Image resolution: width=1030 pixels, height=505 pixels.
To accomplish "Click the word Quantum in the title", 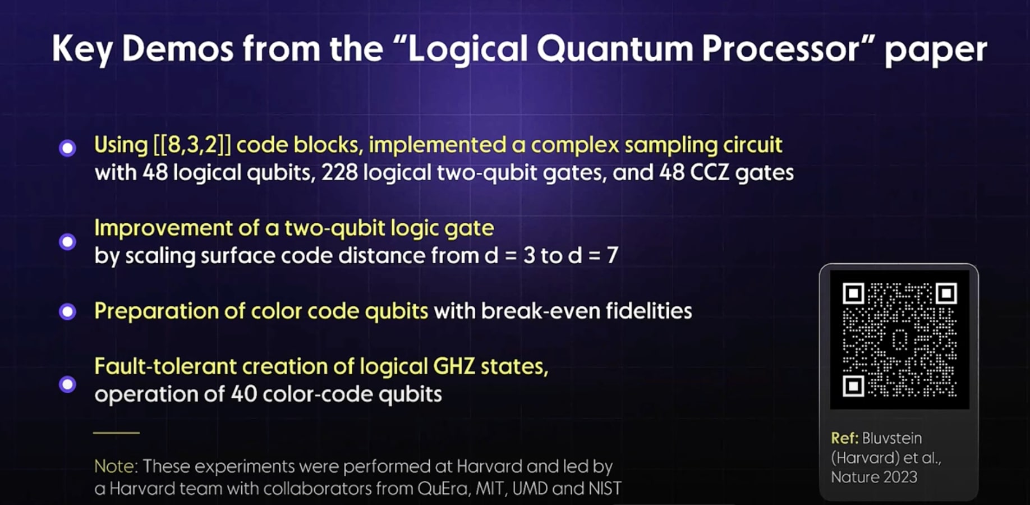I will point(615,49).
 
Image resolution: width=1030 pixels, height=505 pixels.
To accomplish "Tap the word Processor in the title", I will point(780,49).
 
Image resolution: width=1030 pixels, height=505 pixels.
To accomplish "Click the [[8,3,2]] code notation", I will point(192,145).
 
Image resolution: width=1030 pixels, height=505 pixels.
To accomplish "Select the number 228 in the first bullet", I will point(339,173).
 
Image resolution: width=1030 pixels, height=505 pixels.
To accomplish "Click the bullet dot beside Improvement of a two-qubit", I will point(68,242).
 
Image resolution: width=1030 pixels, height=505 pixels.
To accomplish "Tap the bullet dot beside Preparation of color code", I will point(68,311).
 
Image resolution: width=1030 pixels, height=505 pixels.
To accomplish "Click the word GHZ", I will point(454,367).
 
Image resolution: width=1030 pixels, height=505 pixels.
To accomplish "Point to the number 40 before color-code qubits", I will point(243,394).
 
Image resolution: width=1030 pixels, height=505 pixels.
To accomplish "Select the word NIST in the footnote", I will point(604,489).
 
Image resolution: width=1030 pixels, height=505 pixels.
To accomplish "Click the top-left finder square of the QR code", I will point(853,293).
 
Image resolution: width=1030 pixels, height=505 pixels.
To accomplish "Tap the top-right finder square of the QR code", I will point(946,293).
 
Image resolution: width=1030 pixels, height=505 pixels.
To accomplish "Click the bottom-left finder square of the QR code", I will point(853,386).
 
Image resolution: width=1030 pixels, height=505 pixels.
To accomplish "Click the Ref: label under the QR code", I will point(844,438).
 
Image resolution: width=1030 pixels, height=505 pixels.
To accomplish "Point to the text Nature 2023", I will point(873,478).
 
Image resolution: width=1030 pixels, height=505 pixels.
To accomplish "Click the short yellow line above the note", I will point(116,433).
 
